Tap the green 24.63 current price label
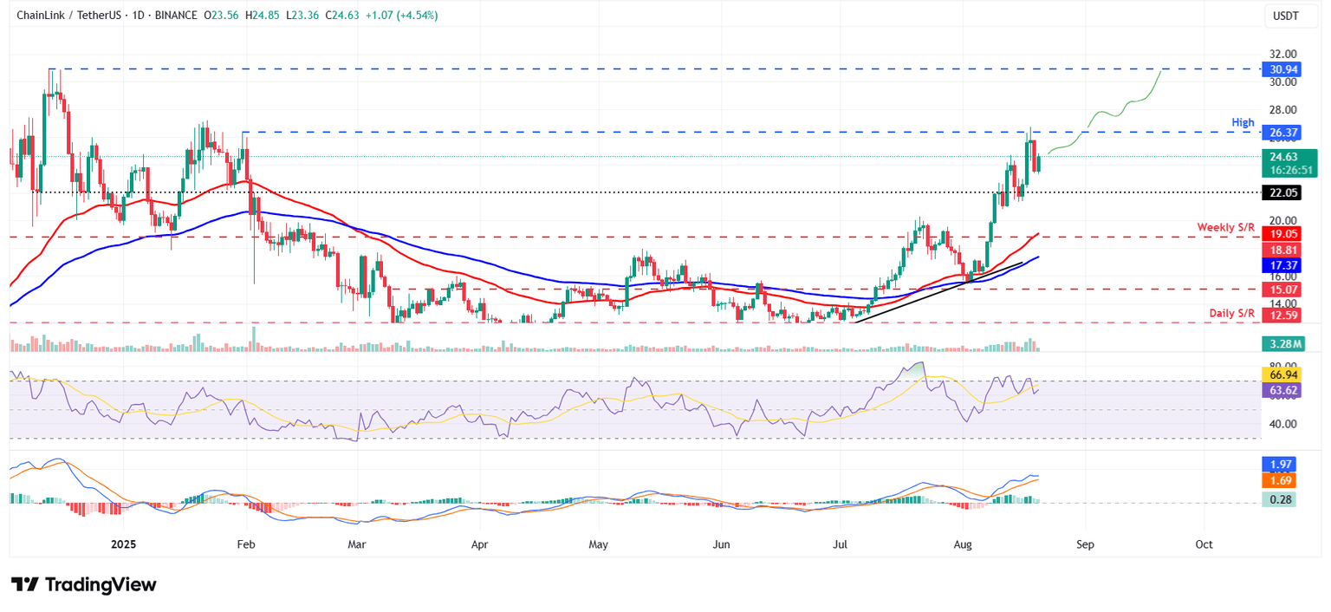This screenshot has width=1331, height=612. (1282, 157)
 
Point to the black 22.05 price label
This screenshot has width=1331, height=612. (1282, 192)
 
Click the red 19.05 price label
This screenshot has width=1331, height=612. (1282, 234)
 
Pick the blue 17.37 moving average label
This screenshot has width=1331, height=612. (1282, 264)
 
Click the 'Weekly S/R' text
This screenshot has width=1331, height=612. (1226, 227)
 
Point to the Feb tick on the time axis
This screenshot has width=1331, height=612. (246, 544)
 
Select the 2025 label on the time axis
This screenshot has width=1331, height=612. (123, 544)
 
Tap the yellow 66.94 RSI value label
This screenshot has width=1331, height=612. (1282, 375)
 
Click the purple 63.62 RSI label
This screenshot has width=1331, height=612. (1282, 390)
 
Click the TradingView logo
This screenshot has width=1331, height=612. (84, 585)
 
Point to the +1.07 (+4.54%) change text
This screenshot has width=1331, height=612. (405, 15)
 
